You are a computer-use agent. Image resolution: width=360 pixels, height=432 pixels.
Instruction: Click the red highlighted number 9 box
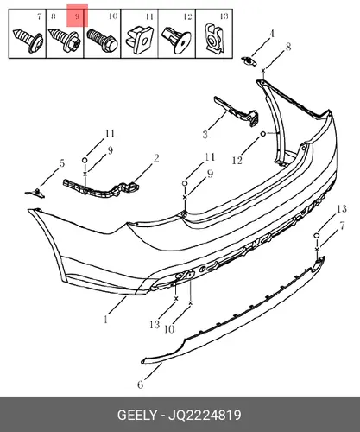(x=77, y=16)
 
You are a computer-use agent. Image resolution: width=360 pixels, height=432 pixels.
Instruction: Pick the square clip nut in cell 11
(x=140, y=40)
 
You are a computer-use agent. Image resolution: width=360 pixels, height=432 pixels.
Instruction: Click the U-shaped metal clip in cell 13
(x=214, y=38)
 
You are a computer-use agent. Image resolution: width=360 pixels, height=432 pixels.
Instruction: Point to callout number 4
(x=272, y=35)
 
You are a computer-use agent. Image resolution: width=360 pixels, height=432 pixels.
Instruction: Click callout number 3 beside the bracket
(x=205, y=135)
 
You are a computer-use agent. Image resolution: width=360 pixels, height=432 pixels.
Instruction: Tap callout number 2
(x=156, y=158)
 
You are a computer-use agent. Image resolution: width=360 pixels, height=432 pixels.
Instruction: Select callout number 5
(x=62, y=163)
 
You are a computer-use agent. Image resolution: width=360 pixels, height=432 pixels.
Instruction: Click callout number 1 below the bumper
(x=106, y=319)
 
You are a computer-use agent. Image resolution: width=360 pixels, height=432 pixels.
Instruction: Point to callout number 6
(x=140, y=384)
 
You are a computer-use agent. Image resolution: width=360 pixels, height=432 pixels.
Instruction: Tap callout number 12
(x=237, y=161)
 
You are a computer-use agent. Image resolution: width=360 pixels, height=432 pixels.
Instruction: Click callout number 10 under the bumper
(x=169, y=329)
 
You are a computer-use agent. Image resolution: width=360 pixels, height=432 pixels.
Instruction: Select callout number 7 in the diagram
(x=342, y=226)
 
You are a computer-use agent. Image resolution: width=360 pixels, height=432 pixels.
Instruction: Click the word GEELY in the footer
(x=137, y=416)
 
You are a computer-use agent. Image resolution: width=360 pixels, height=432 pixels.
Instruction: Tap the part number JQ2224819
(x=205, y=416)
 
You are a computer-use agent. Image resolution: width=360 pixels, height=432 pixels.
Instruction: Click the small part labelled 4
(x=249, y=61)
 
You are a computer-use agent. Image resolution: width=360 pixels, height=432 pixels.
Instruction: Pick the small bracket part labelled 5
(x=35, y=194)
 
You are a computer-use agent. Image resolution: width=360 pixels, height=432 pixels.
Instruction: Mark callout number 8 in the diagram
(x=288, y=47)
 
